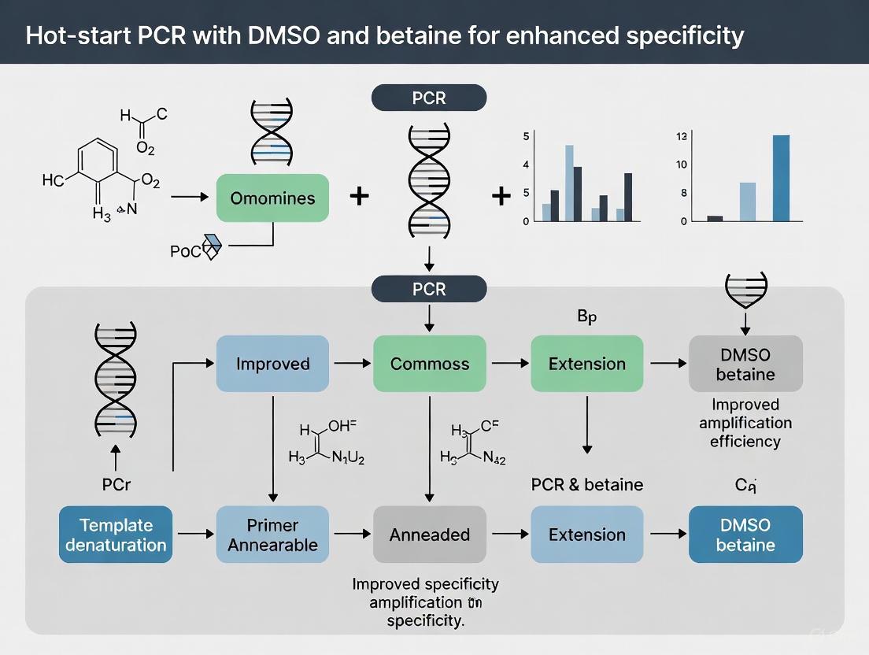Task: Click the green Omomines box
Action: tap(272, 198)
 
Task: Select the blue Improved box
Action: tap(272, 364)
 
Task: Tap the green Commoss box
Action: tap(430, 364)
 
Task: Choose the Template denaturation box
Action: tap(116, 535)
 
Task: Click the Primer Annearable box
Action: tap(272, 535)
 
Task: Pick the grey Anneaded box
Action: tap(430, 535)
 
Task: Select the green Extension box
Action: tap(587, 364)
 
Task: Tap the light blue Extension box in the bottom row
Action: tap(587, 535)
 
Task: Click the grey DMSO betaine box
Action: tap(745, 364)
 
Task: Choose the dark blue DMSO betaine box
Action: tap(745, 535)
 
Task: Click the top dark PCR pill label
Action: tap(429, 98)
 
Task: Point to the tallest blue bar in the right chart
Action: tap(781, 178)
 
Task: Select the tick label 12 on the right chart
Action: tap(682, 136)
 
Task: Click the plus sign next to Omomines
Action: tap(359, 196)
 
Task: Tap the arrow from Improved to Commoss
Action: tap(351, 363)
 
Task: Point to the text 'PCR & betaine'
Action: tap(587, 484)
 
